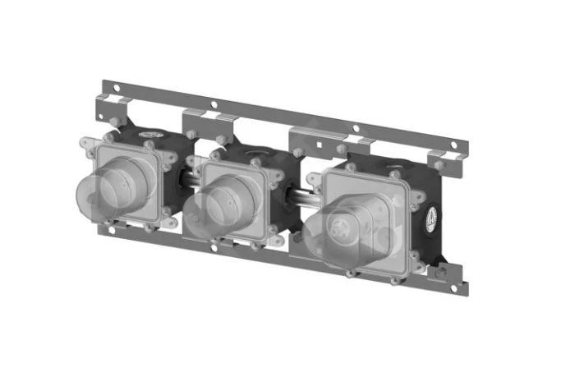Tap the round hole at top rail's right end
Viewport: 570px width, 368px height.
pyautogui.click(x=457, y=149)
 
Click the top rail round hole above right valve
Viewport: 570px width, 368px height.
pyautogui.click(x=355, y=129)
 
